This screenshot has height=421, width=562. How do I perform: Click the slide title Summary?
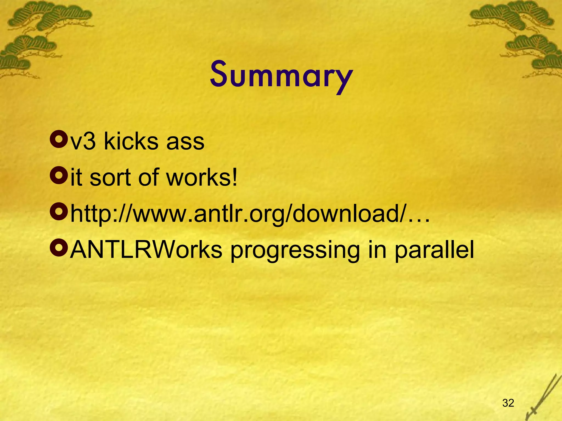click(281, 76)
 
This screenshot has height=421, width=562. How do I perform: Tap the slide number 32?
click(508, 403)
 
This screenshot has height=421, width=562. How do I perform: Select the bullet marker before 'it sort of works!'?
click(59, 176)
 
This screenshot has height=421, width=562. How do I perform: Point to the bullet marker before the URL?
click(59, 212)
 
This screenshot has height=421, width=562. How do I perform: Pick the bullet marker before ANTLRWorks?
click(59, 248)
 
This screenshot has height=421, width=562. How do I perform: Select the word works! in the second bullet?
click(202, 178)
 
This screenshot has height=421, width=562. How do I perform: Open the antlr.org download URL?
click(250, 214)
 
